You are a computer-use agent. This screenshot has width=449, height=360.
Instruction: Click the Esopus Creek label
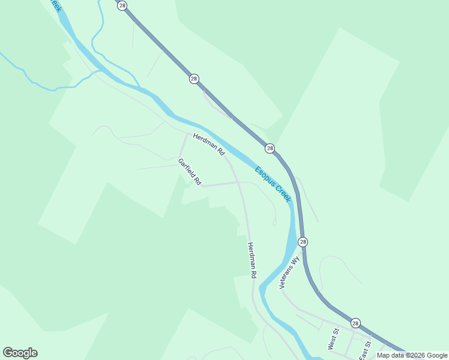[273, 184]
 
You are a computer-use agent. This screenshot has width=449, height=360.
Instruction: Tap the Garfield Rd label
[190, 171]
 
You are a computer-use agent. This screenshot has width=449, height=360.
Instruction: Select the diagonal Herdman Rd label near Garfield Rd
[208, 146]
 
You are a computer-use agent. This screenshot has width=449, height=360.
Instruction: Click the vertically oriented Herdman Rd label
[252, 260]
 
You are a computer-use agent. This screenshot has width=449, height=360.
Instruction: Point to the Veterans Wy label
[289, 273]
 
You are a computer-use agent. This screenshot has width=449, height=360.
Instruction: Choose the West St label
[332, 339]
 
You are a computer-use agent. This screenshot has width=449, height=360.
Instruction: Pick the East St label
[366, 350]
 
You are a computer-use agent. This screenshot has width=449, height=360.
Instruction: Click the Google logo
[20, 353]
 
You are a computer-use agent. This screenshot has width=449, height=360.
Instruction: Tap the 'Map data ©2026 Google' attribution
[411, 355]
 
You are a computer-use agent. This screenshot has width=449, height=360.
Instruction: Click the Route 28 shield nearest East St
[355, 323]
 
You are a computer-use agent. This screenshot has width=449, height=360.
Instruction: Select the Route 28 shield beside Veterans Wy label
[303, 242]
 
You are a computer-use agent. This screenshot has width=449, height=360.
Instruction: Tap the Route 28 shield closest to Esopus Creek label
[270, 148]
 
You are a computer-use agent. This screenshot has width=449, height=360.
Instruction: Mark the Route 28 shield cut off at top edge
[122, 5]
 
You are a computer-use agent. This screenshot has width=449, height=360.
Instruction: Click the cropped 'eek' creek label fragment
[55, 5]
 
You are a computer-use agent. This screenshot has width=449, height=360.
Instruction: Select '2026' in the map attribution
[414, 355]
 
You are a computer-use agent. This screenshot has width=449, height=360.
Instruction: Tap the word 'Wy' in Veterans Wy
[294, 262]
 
